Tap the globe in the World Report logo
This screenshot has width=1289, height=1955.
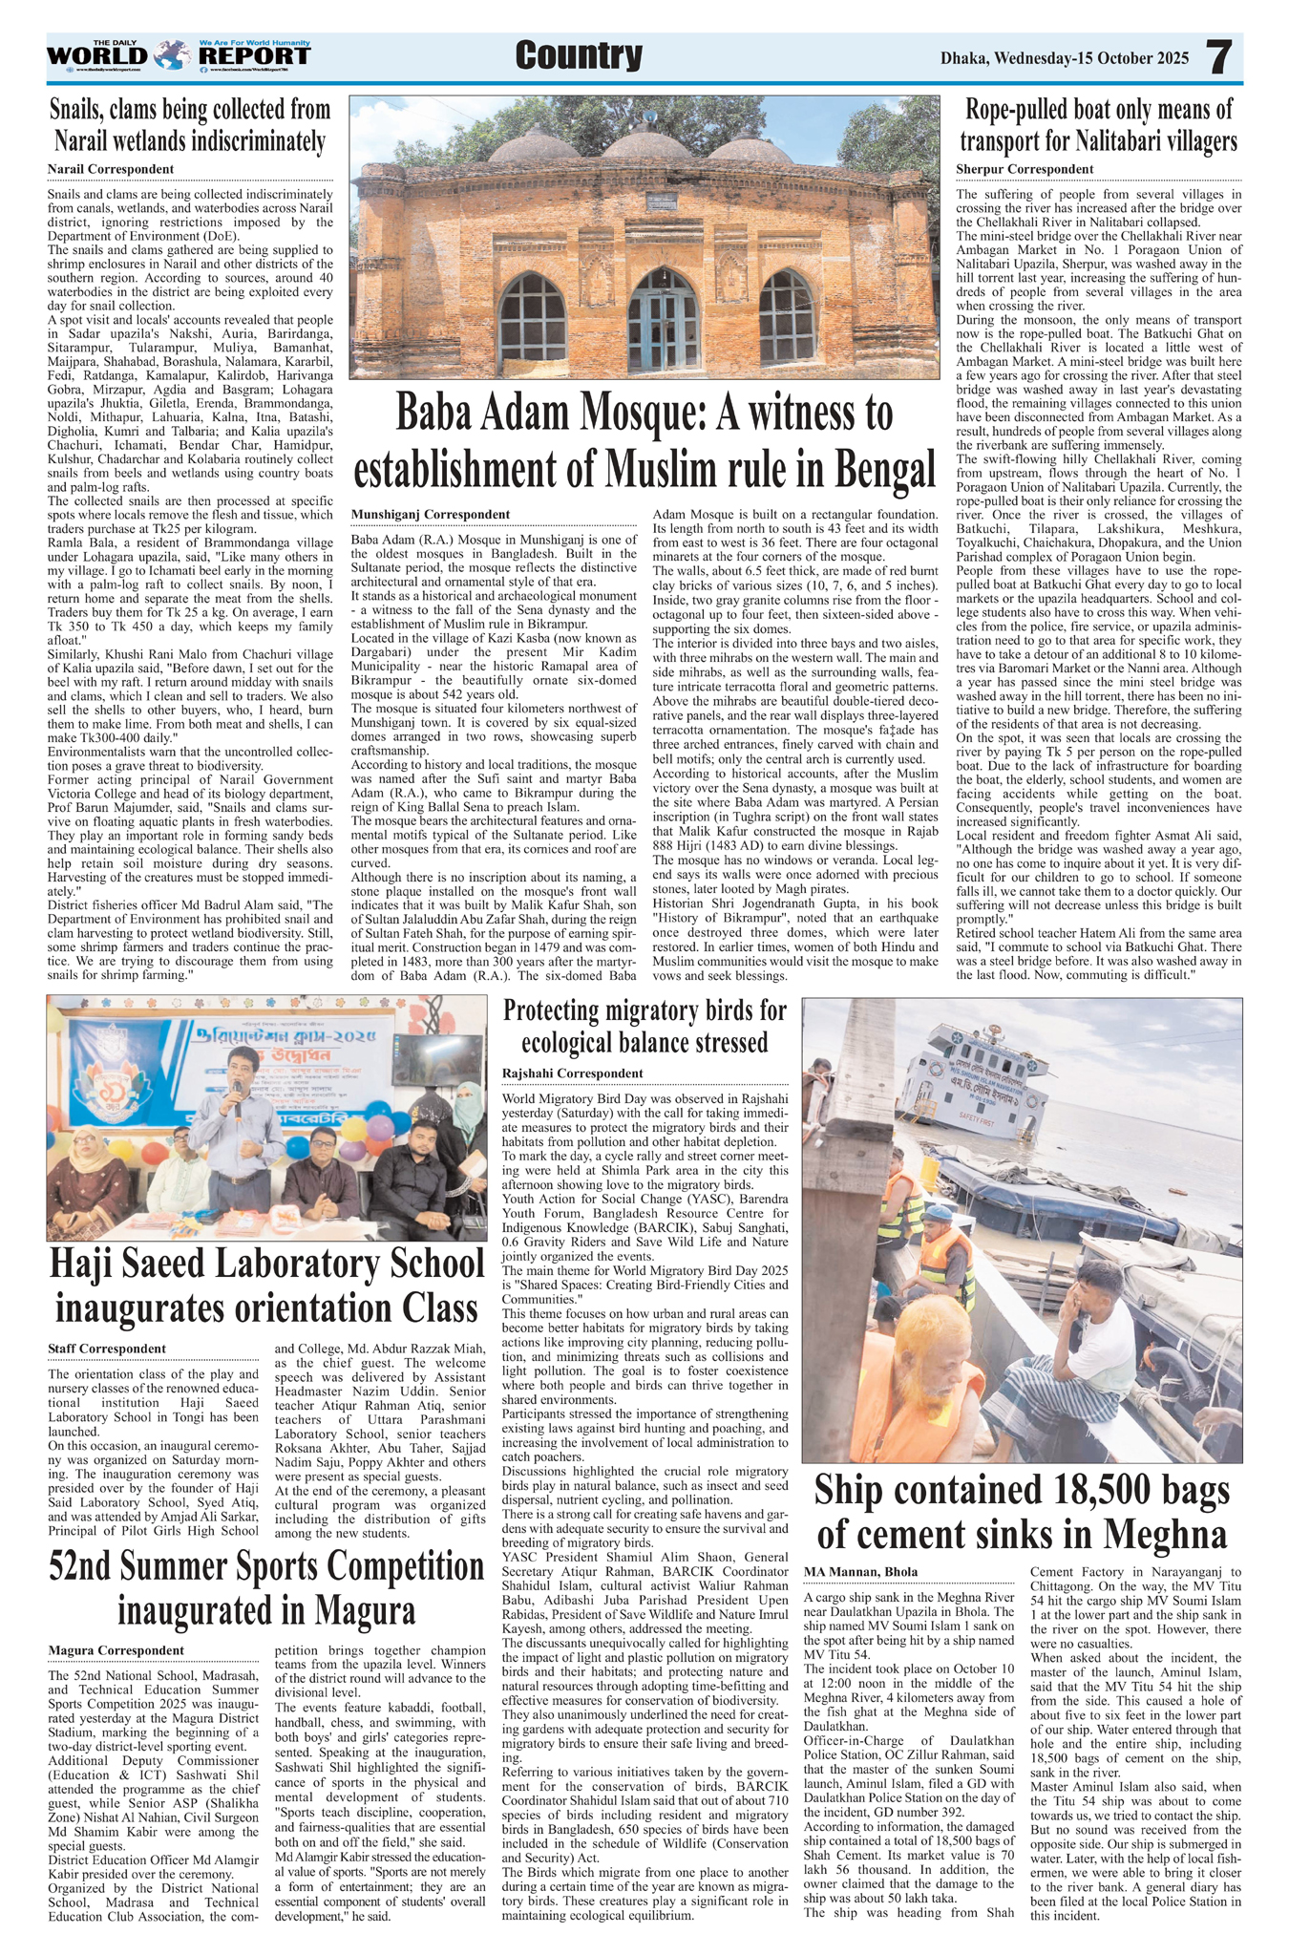(x=171, y=55)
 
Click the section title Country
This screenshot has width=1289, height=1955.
(x=579, y=56)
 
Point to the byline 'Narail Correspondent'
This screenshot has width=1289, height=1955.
(x=111, y=169)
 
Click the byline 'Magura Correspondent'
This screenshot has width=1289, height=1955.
(x=116, y=1650)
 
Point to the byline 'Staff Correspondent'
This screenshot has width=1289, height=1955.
(x=107, y=1349)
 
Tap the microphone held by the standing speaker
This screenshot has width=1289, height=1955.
(x=237, y=1086)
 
